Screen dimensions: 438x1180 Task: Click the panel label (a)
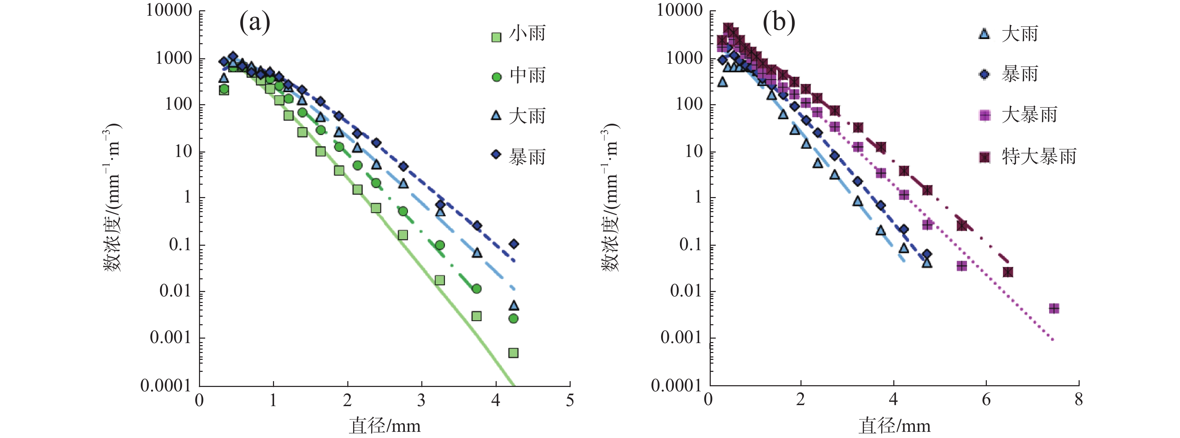[255, 22]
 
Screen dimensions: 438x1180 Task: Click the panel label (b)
[778, 22]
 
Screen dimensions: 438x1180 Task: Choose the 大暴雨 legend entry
[1019, 114]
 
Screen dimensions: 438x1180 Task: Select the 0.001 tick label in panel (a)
[170, 338]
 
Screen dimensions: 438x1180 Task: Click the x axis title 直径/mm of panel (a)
[385, 426]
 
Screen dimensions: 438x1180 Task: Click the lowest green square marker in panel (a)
[513, 353]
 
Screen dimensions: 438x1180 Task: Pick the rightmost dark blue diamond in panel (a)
[514, 244]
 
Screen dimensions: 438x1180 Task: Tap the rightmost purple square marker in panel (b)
[1054, 308]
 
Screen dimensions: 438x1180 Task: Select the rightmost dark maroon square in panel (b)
[1008, 272]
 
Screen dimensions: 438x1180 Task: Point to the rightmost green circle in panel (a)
[513, 318]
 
